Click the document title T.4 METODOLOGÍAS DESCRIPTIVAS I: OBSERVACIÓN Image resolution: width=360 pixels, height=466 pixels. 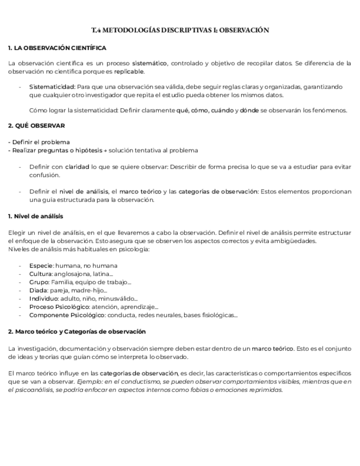(180, 31)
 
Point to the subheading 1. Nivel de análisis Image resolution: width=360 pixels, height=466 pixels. (36, 216)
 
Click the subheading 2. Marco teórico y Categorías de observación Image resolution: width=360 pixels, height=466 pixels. (77, 331)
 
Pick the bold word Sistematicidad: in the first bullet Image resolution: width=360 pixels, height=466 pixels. (52, 87)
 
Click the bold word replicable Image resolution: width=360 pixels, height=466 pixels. (129, 71)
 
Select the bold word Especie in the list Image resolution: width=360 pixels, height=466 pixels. (41, 265)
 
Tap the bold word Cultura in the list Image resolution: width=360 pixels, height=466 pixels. (41, 274)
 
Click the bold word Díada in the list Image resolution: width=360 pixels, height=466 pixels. (38, 290)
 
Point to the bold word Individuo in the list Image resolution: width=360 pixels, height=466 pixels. (43, 298)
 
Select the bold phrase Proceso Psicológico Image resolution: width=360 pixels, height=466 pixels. (58, 307)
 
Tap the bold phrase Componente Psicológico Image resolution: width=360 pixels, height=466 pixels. (67, 315)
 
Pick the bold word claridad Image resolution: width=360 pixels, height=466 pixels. (77, 167)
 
